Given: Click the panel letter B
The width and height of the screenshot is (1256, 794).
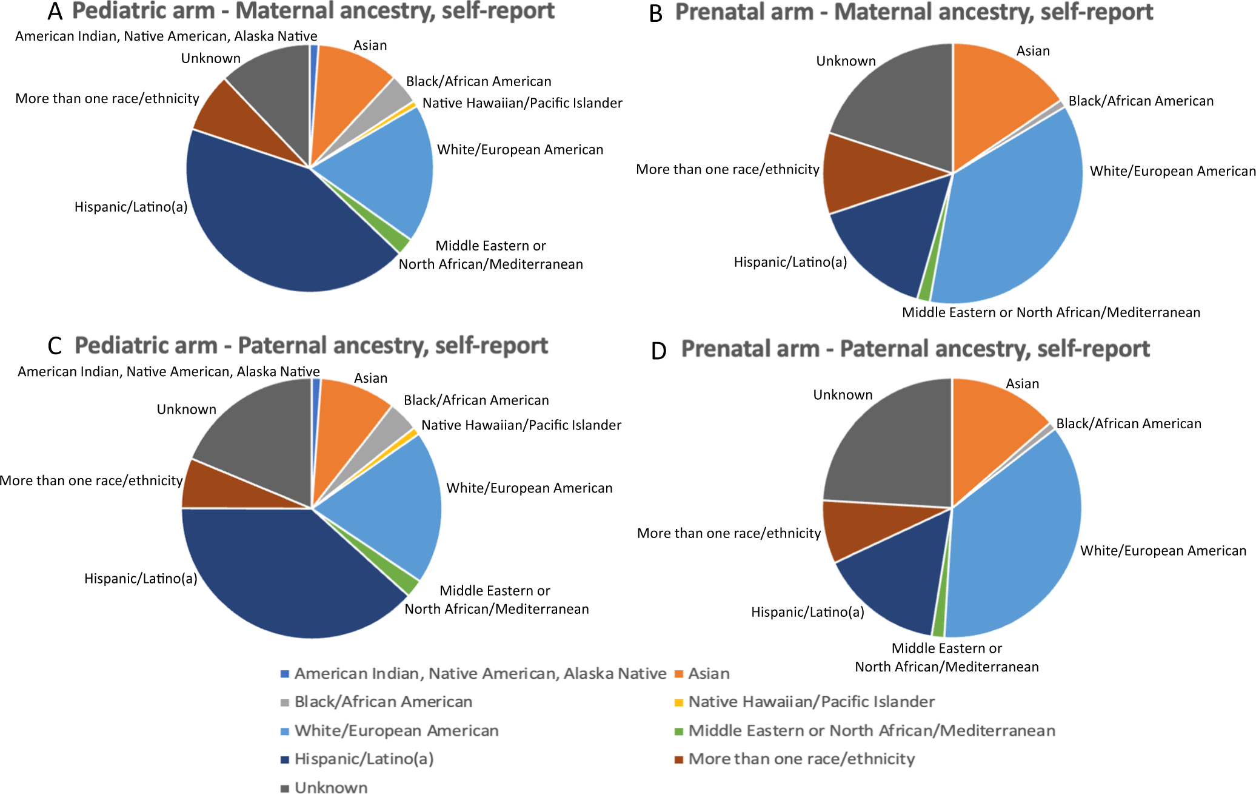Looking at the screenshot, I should [x=656, y=14].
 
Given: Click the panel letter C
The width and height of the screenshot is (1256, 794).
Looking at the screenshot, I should [x=55, y=346].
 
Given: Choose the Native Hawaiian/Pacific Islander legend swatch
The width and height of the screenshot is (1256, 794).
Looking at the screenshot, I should [x=679, y=702].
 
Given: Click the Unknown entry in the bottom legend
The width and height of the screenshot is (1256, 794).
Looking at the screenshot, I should [x=331, y=787].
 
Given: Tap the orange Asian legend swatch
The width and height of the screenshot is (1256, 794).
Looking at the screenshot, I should [x=679, y=674].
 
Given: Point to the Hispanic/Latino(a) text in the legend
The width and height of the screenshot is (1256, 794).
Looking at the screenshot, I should [x=364, y=759].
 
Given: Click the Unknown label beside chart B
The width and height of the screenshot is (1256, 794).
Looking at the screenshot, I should [x=846, y=61].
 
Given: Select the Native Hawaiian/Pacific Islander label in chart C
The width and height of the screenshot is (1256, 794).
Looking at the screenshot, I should [x=521, y=425].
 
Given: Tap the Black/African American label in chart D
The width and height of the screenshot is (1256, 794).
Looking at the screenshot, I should [x=1128, y=424].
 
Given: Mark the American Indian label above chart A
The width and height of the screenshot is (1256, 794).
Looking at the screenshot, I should [x=166, y=36].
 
